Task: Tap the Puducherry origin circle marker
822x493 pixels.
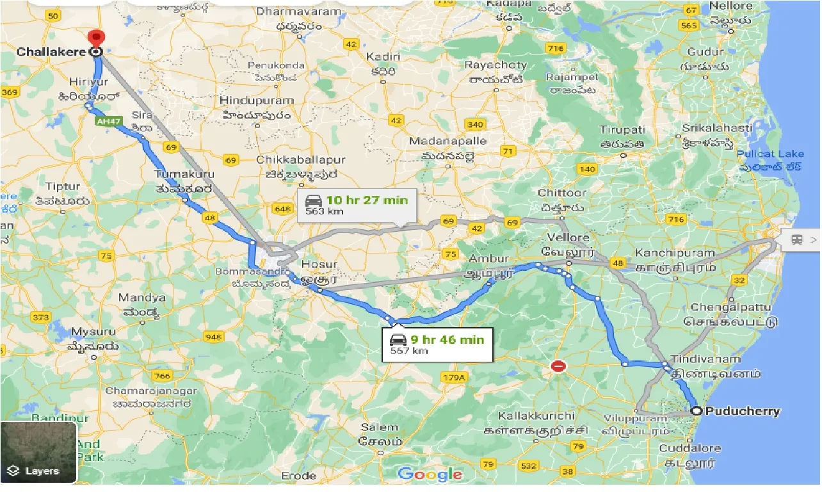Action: point(696,411)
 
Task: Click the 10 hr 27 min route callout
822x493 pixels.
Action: point(356,206)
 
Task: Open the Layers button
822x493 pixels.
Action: point(38,451)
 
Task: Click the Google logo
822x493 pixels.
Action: point(429,474)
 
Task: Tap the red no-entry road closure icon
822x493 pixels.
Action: point(558,367)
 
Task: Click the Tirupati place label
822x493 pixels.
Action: point(622,129)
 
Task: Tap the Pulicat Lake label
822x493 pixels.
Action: point(769,154)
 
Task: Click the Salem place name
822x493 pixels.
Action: point(380,428)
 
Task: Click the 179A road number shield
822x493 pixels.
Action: point(454,378)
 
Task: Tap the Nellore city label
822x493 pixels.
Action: point(731,6)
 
